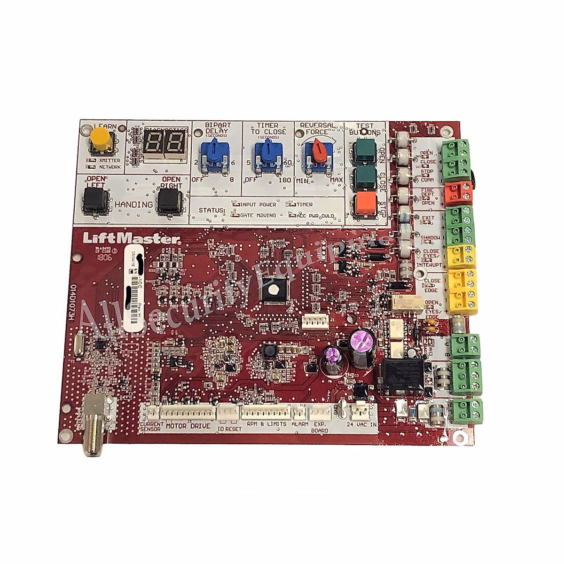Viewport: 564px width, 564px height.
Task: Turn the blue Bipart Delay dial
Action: pyautogui.click(x=217, y=152)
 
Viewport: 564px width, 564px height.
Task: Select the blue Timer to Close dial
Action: pyautogui.click(x=267, y=152)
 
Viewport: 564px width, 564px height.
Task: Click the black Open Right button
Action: pyautogui.click(x=170, y=202)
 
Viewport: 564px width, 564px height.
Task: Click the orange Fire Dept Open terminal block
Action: pyautogui.click(x=458, y=191)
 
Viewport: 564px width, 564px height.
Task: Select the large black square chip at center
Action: pyautogui.click(x=273, y=291)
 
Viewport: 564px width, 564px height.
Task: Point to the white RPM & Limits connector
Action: pyautogui.click(x=266, y=412)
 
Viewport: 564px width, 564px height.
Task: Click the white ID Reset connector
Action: pyautogui.click(x=228, y=412)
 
